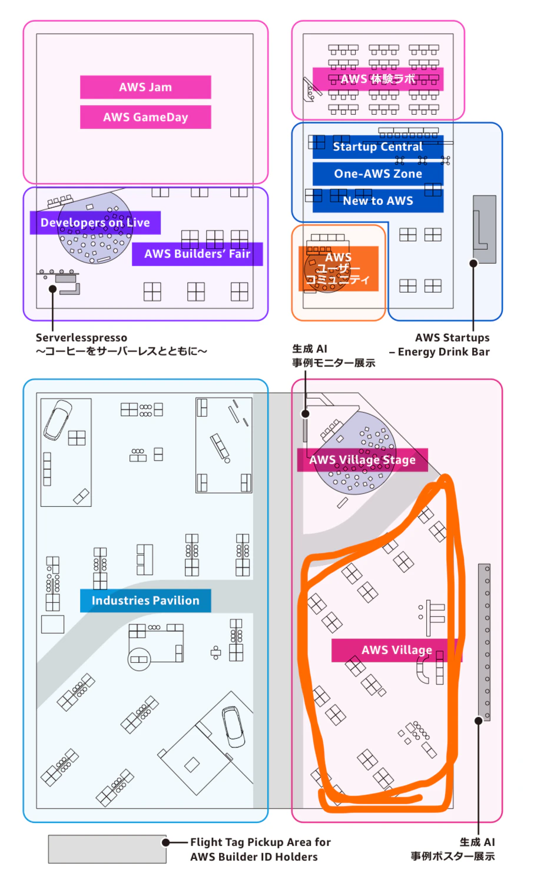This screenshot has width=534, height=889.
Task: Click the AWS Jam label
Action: click(x=145, y=87)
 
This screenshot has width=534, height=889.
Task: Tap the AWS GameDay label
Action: click(x=145, y=117)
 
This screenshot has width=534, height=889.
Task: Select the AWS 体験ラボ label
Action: click(x=377, y=79)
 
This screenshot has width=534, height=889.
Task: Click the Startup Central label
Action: click(x=377, y=147)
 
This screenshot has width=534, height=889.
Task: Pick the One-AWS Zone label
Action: click(x=377, y=174)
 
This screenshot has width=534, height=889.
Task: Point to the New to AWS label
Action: click(x=377, y=201)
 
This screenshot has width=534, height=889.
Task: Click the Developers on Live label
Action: click(x=95, y=223)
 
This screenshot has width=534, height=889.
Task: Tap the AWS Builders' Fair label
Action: click(x=197, y=254)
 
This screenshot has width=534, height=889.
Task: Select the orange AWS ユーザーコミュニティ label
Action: click(x=339, y=268)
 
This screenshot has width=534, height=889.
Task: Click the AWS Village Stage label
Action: click(x=363, y=460)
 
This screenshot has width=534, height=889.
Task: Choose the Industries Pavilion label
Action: click(x=145, y=601)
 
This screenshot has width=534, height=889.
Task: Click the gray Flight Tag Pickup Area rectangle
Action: click(x=107, y=849)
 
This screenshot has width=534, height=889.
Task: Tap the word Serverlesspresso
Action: click(x=81, y=338)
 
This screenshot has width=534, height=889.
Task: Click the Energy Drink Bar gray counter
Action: click(x=485, y=230)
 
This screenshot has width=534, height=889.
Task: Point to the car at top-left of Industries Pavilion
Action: click(x=58, y=420)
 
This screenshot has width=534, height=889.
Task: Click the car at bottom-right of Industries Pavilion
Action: click(x=234, y=727)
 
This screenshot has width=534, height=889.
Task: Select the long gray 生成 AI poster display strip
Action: click(x=484, y=642)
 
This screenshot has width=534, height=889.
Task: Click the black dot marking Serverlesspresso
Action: click(x=52, y=289)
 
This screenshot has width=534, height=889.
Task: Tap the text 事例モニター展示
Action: click(x=333, y=363)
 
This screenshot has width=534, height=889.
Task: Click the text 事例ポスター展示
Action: click(x=453, y=856)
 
